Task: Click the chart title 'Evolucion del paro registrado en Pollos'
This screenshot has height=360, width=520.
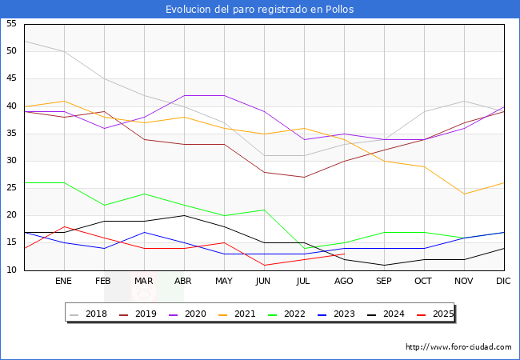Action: pos(260,10)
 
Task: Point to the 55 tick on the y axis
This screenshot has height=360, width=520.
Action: pos(11,24)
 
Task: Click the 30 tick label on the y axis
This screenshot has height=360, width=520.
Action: pos(11,161)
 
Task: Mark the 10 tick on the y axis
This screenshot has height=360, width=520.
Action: pos(11,270)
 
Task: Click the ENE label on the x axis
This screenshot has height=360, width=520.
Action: pos(64,282)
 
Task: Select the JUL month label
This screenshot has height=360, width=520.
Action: pos(304,282)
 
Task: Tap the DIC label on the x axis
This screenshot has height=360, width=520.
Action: pos(503,282)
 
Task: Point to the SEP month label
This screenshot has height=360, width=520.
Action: pos(384,282)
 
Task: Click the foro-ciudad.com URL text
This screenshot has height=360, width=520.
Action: pos(458,347)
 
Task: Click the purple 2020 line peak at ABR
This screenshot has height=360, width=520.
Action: pos(184,96)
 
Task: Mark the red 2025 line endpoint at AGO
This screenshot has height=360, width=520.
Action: pos(344,254)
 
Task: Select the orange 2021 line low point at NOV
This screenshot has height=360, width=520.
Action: pos(464,194)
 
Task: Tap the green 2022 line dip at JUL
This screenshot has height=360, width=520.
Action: pos(304,249)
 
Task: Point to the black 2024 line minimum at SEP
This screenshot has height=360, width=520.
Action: pos(384,265)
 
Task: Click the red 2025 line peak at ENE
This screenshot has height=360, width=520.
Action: pos(64,227)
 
